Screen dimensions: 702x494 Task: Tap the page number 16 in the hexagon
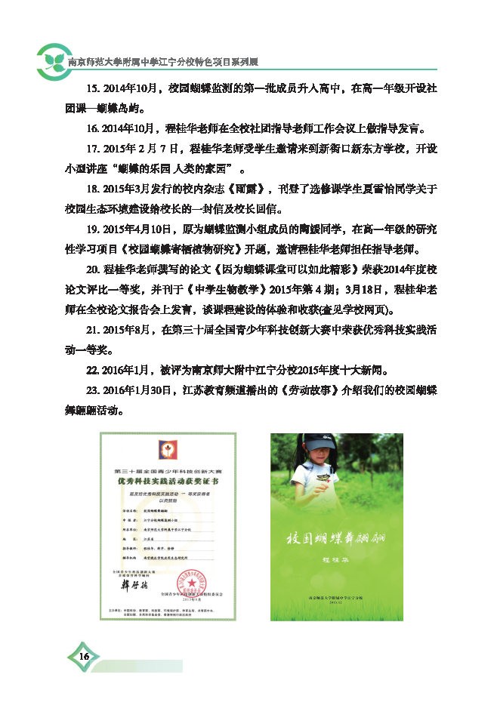[84, 656]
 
